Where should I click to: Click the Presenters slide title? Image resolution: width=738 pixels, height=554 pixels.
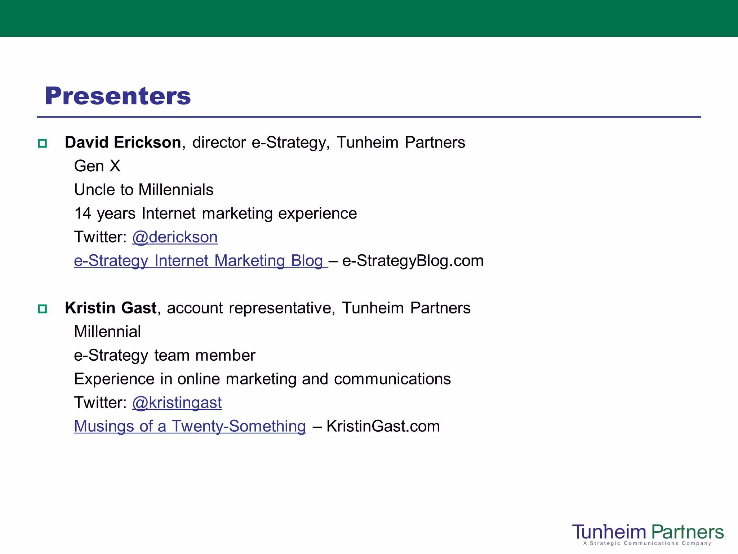point(118,96)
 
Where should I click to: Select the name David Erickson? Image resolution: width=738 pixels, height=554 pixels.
point(123,142)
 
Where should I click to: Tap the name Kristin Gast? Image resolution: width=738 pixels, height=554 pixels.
point(111,308)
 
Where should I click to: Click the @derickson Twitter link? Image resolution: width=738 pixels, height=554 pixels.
point(175,237)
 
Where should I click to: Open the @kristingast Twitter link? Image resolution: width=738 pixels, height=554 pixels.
point(177,403)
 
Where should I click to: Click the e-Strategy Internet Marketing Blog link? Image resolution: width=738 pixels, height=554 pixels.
point(200,261)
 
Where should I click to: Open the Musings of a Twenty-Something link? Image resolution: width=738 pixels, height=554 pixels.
point(190,426)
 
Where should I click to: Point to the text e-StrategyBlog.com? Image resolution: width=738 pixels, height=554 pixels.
point(413,261)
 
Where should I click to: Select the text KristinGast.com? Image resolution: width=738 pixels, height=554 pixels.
point(383,426)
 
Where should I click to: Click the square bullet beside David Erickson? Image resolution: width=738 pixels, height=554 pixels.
point(43,143)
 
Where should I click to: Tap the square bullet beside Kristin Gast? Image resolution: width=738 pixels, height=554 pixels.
point(43,309)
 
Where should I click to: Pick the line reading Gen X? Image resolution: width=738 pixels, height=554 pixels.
point(97,166)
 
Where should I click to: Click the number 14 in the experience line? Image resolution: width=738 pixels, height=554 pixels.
point(83,214)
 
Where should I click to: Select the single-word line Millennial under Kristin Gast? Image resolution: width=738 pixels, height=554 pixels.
point(107,332)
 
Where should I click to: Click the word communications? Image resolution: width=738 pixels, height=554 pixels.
point(392,379)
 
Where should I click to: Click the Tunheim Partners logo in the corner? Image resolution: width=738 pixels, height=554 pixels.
point(648,532)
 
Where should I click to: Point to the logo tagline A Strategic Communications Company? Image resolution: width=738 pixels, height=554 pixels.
point(647,544)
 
